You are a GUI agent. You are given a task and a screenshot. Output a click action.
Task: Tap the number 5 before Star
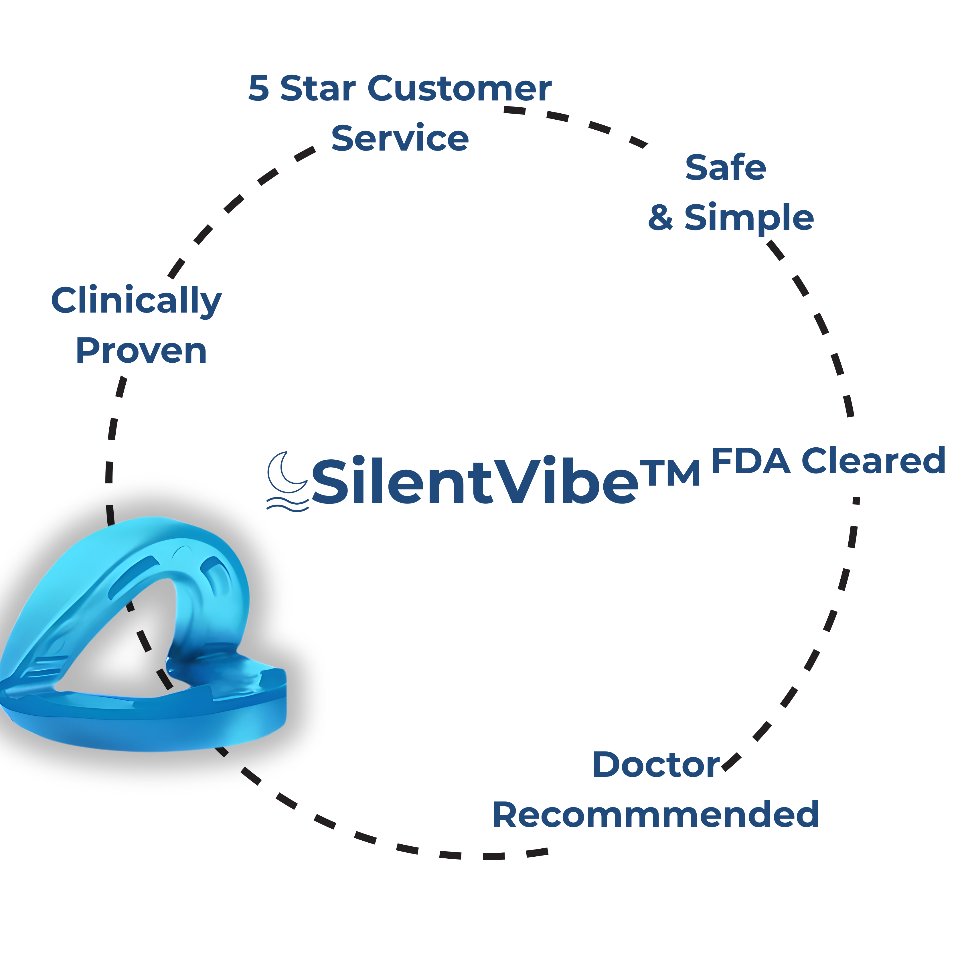pos(258,89)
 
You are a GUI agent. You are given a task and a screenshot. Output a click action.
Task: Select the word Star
pos(318,89)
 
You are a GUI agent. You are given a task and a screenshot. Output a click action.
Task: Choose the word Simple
pos(749,218)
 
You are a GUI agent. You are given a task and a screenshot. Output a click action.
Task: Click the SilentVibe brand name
pos(475,481)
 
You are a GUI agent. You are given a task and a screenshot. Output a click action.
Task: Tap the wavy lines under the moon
pos(287,504)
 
